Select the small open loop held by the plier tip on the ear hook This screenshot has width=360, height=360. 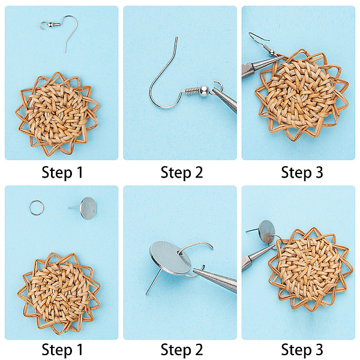(217, 86)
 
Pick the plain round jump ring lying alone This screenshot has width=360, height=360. (36, 208)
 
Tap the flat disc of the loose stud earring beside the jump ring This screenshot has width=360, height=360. (89, 208)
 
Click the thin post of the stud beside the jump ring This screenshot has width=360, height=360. (74, 208)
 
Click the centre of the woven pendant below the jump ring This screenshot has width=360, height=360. (59, 292)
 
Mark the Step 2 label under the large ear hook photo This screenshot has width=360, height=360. (182, 173)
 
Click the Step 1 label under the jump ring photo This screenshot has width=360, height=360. (62, 350)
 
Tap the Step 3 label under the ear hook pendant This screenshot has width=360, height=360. (302, 173)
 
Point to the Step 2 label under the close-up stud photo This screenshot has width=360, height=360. (182, 350)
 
